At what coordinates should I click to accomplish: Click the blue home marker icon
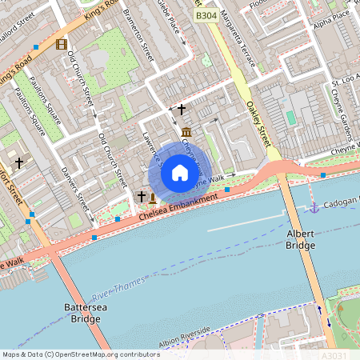(x=180, y=172)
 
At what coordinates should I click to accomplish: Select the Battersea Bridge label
(x=82, y=313)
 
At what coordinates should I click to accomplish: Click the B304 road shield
(x=206, y=15)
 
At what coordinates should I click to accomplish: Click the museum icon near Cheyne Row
(x=186, y=131)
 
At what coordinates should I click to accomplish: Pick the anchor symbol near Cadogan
(x=314, y=208)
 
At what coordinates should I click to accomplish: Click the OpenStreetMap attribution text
(x=81, y=354)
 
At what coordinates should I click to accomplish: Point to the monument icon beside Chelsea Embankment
(x=152, y=196)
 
